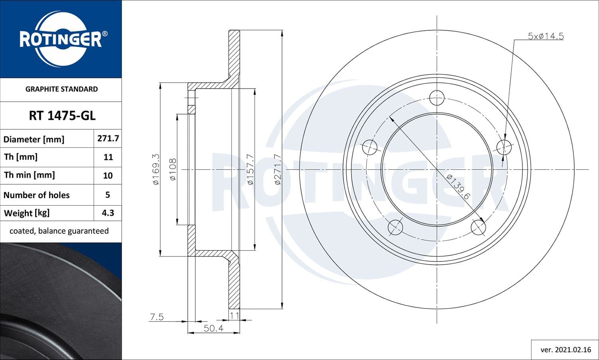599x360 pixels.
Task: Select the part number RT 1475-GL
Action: coord(62,116)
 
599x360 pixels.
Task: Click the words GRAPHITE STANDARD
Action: coord(61,89)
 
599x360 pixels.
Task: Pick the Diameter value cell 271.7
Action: coord(108,138)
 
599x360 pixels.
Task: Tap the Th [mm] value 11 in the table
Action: coord(108,157)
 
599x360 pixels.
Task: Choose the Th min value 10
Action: coord(108,175)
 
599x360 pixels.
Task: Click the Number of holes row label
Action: coord(37,195)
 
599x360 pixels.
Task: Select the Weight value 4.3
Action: coord(108,213)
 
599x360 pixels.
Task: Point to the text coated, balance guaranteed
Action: coord(59,231)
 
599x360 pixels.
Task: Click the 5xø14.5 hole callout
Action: coord(545,36)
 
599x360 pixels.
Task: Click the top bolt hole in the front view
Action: coord(437,97)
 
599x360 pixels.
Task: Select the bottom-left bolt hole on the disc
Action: coord(395,227)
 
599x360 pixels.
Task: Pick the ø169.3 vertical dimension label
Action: coord(156,169)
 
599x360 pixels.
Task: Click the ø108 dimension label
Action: coord(173,169)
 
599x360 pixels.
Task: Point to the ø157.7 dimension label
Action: coord(250,169)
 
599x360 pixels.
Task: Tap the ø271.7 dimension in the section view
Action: coord(278,169)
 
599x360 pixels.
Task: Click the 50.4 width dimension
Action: coord(214,328)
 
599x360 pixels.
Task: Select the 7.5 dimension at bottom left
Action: coord(157,317)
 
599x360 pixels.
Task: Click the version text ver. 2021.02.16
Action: coord(565,350)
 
